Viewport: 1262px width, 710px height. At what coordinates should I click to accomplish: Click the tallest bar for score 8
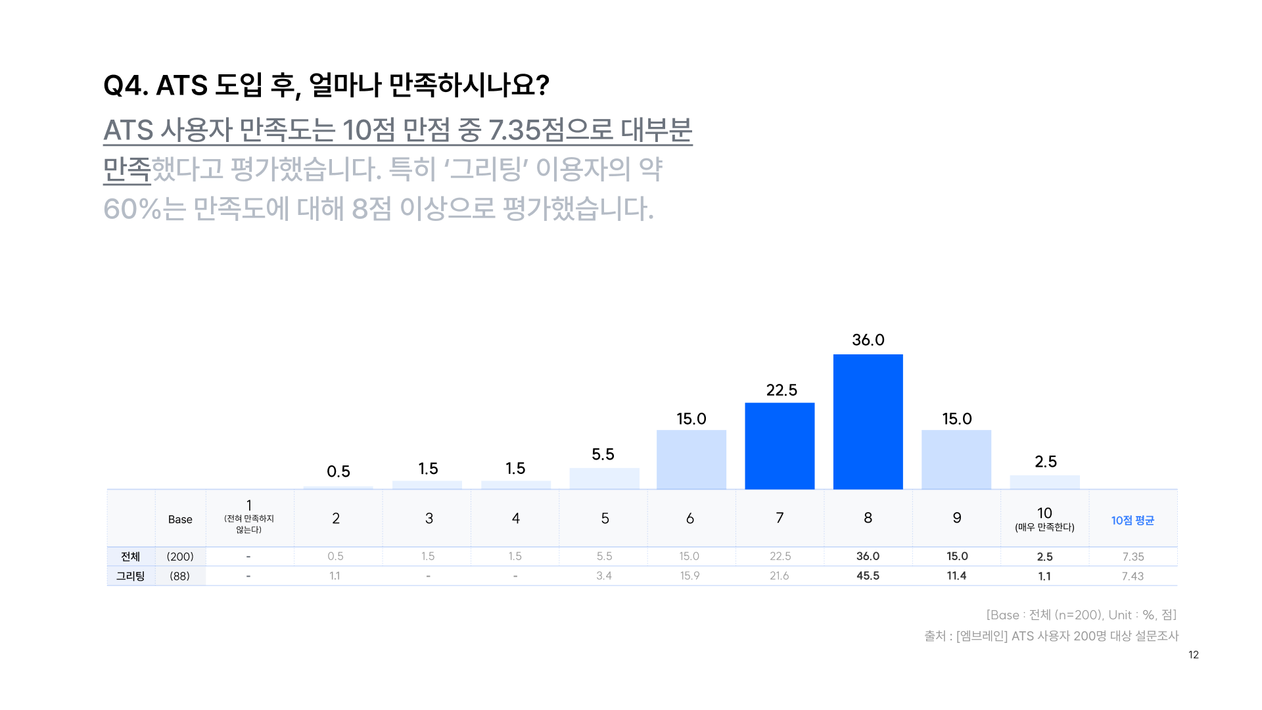click(868, 421)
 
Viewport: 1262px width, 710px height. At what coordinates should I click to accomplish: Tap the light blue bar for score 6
click(691, 460)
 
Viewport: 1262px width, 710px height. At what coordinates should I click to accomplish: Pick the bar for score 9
click(956, 460)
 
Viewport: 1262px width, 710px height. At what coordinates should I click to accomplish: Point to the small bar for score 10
click(1044, 482)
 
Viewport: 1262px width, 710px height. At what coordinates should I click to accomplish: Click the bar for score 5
click(604, 479)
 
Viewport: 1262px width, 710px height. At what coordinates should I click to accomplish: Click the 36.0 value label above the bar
click(868, 340)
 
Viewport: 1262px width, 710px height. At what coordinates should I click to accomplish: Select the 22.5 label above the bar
click(782, 390)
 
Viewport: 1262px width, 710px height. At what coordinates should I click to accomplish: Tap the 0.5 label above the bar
click(339, 471)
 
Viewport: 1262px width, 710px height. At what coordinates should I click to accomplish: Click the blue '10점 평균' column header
click(1133, 520)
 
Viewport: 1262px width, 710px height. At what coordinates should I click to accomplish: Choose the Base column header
click(180, 519)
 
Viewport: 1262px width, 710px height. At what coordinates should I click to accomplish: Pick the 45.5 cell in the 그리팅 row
click(868, 576)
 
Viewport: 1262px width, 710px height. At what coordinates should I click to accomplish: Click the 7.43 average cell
click(1133, 576)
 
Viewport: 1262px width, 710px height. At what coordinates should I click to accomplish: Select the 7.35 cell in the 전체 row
click(1133, 556)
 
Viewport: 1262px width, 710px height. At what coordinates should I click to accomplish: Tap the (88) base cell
click(180, 576)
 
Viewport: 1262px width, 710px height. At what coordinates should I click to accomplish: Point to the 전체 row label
click(130, 556)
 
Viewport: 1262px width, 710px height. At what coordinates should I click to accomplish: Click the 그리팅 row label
click(130, 576)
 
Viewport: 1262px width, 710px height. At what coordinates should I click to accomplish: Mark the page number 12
click(1194, 655)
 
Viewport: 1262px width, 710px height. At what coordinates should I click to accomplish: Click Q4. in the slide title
click(126, 85)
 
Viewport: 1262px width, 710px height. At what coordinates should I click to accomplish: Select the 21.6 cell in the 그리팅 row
click(780, 576)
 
